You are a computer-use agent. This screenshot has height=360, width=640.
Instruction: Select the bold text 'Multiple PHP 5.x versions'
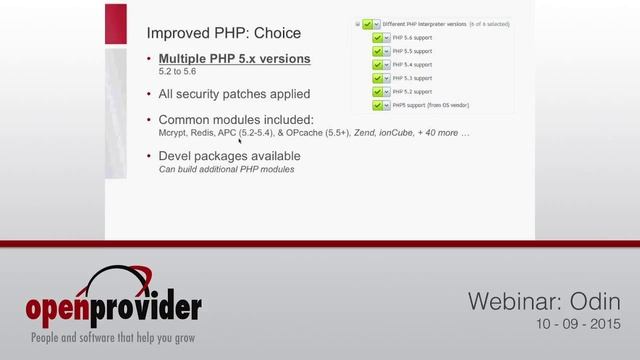coord(235,59)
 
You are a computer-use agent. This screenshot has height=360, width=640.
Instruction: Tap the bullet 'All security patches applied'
coord(235,94)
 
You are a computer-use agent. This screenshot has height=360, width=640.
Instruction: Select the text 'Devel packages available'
coord(230,156)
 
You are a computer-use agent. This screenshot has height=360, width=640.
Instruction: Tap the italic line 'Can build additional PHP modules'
coord(226,169)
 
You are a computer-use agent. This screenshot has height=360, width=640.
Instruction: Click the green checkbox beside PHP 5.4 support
coord(378,64)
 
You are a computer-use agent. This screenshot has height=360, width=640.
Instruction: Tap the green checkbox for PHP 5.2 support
coord(378,90)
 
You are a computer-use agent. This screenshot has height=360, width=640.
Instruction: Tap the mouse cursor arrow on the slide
coord(241,141)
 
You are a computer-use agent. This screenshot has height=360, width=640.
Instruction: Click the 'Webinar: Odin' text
coord(545,302)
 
